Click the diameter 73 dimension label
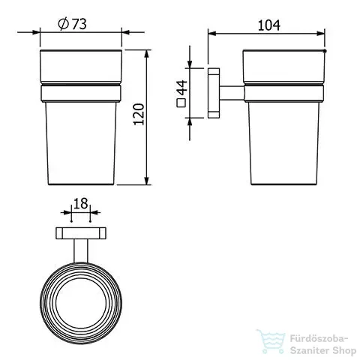72,24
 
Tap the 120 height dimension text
139,114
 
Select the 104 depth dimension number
268,25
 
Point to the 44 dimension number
182,88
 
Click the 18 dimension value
81,203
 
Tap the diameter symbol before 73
63,24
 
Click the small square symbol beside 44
181,103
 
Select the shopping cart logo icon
271,341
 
